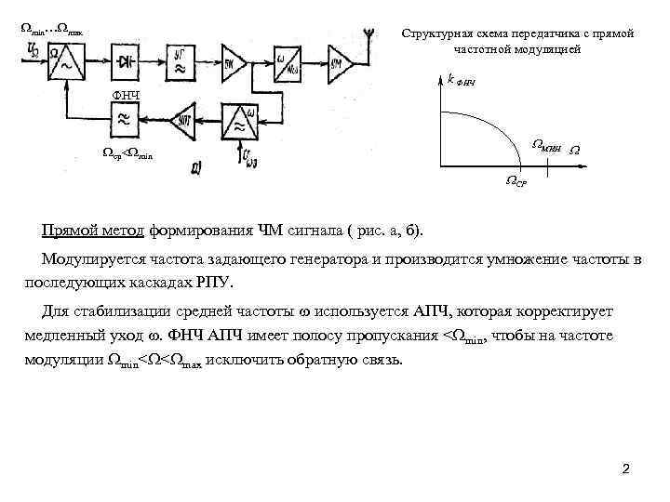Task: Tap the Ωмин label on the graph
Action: tap(546, 144)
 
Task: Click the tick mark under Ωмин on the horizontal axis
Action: tap(547, 167)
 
